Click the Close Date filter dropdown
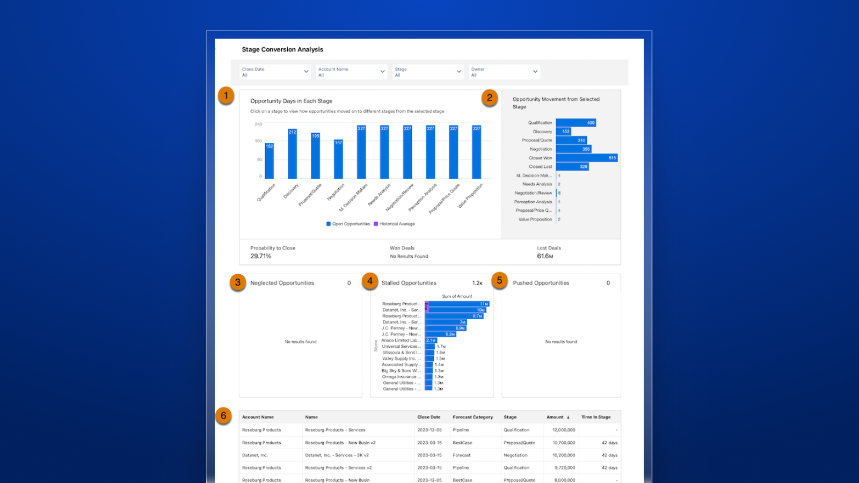point(275,72)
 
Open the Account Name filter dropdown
point(351,72)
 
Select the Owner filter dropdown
point(504,72)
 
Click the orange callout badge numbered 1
point(226,96)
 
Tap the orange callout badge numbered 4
point(370,281)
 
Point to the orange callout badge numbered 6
point(224,415)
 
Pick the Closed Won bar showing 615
point(586,158)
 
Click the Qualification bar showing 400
point(576,123)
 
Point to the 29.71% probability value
point(261,257)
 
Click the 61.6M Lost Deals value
point(545,257)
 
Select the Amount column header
point(555,417)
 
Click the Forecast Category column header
point(472,417)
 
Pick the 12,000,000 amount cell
point(564,430)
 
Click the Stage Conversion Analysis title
point(282,49)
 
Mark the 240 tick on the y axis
point(258,124)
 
